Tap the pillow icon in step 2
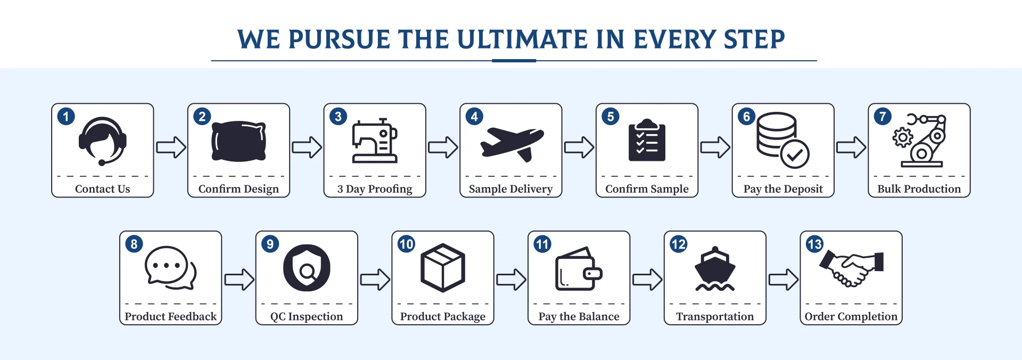tap(239, 141)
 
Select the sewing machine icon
tap(375, 141)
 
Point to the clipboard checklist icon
tap(647, 140)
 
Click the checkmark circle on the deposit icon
tap(795, 154)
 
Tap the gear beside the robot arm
tap(902, 137)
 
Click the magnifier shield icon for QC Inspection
tap(307, 268)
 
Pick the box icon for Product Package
tap(443, 268)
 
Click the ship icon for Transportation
tap(715, 269)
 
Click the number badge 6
tap(746, 117)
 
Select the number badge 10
tap(406, 244)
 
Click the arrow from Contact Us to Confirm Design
tap(171, 147)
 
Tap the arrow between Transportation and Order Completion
tap(784, 279)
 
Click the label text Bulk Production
tap(919, 189)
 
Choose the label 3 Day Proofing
tap(375, 189)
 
